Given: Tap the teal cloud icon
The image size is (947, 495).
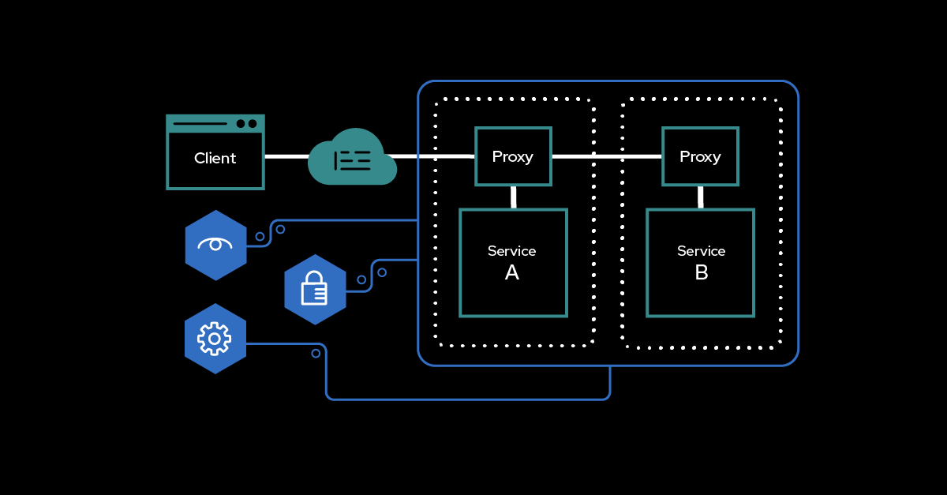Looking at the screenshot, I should (352, 158).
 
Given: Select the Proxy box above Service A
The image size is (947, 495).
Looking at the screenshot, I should (513, 156).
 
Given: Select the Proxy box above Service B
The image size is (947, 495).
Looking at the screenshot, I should (700, 156).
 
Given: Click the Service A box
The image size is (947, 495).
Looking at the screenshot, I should (513, 262).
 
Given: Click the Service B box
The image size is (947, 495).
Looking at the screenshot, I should (700, 262).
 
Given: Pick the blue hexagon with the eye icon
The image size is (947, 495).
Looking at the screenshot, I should (215, 245).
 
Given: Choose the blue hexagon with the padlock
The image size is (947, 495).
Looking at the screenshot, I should (315, 290).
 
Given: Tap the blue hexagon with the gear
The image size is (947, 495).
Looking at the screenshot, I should (215, 339).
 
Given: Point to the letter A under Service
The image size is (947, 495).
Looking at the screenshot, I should (512, 273).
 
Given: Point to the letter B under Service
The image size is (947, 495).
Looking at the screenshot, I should (701, 273).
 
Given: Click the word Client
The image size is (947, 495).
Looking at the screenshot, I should (215, 158).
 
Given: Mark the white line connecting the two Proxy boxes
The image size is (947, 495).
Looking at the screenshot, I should (606, 156).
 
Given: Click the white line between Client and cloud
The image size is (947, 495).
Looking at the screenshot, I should (286, 156).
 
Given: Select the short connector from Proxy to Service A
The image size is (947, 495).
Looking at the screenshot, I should (513, 197).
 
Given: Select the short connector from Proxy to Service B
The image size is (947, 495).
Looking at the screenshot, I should (700, 197).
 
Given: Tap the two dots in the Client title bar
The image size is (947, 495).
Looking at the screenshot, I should (246, 123).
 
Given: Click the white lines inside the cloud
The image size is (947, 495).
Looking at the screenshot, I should (353, 161).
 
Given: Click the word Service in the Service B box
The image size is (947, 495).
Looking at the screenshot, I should (701, 251).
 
